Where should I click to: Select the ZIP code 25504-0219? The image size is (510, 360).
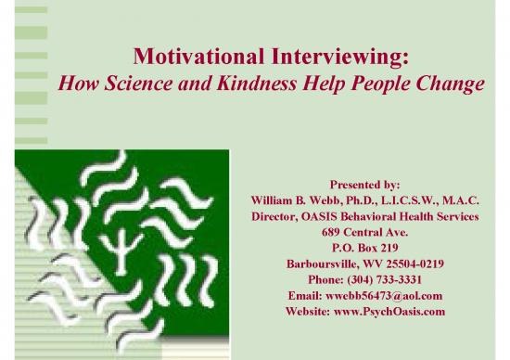pos(410,264)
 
